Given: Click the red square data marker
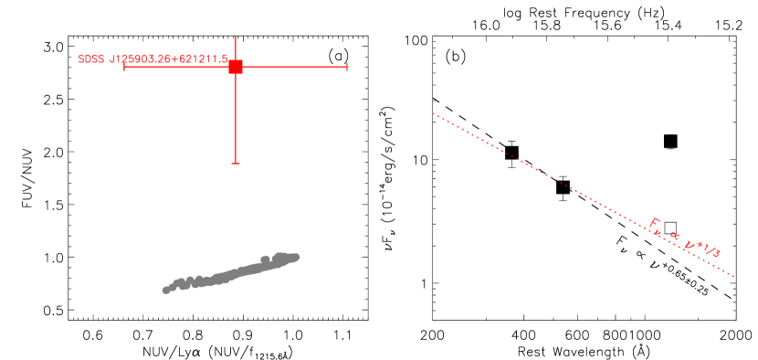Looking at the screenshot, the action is (x=236, y=67).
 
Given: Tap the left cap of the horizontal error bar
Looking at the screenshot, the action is (x=124, y=67).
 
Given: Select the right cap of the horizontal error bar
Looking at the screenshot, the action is (x=347, y=67).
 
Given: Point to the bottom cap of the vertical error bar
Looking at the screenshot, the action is (x=236, y=163).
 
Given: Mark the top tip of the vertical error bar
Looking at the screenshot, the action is (x=236, y=37).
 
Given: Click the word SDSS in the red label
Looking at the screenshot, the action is (x=91, y=59).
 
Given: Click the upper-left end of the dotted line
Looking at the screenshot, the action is (x=433, y=114).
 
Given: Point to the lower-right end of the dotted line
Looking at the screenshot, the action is (x=733, y=276).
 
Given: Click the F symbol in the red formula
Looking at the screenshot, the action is (x=655, y=224).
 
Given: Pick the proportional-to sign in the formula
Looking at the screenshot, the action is (x=674, y=237).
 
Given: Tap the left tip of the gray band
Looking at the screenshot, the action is (x=165, y=291).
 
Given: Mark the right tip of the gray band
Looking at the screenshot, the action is (x=297, y=256).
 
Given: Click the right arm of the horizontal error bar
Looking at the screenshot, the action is (x=292, y=67).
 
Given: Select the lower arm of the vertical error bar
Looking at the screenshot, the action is (x=236, y=119).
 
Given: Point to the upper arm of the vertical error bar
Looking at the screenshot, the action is (x=236, y=49).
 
